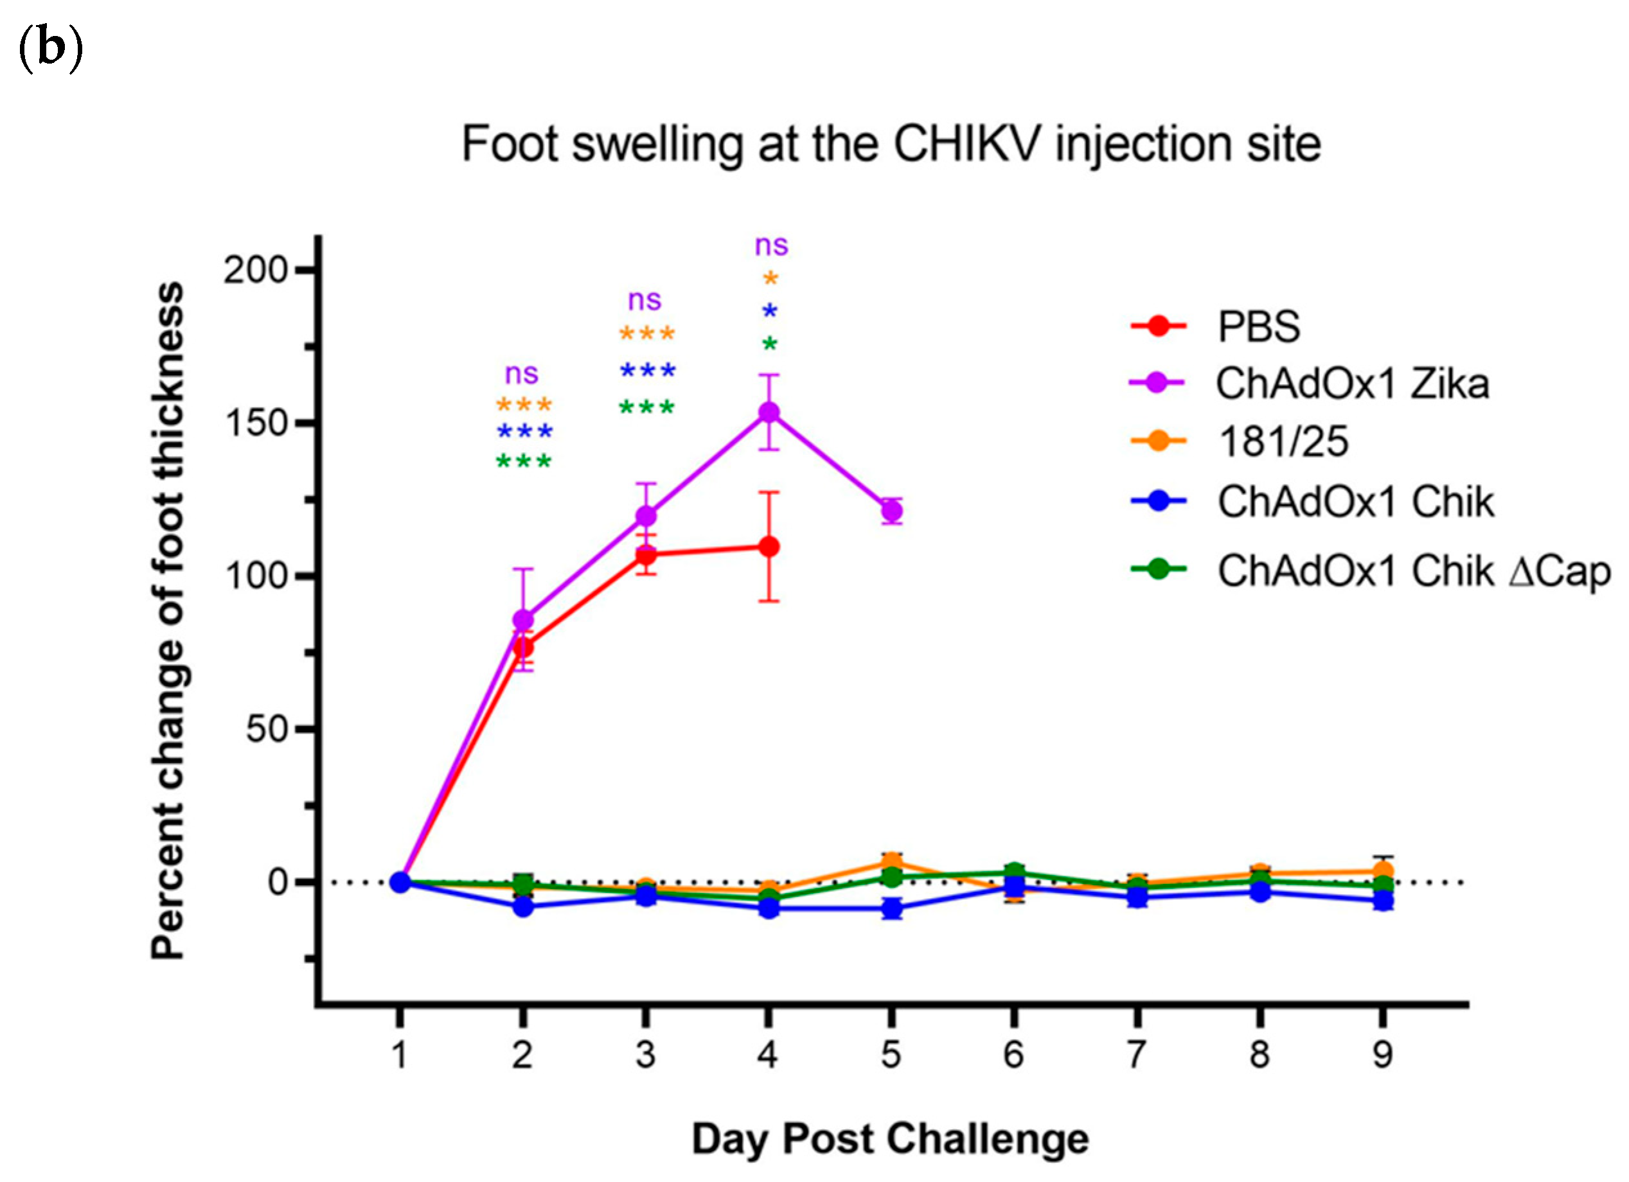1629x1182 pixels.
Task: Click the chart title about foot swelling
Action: (x=891, y=145)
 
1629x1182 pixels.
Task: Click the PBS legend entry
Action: (x=1258, y=327)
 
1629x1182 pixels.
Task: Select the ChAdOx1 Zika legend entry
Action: (x=1351, y=384)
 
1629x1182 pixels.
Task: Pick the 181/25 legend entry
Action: (x=1283, y=441)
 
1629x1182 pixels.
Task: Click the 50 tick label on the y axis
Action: (x=267, y=730)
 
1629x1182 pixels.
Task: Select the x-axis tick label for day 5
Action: (x=891, y=1055)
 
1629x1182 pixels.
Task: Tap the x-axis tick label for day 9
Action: (x=1382, y=1055)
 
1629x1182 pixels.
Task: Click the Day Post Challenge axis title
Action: (x=890, y=1139)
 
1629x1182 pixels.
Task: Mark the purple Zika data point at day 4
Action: (x=769, y=412)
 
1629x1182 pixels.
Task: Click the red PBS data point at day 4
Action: (x=769, y=547)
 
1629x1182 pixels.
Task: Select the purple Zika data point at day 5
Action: (x=891, y=511)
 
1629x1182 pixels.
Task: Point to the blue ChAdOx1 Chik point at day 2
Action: (x=523, y=907)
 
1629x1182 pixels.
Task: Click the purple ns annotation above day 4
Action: (x=770, y=245)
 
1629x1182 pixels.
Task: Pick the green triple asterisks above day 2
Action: (x=524, y=462)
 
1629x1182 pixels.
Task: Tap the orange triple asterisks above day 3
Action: (x=646, y=335)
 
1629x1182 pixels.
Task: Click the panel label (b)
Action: (x=49, y=49)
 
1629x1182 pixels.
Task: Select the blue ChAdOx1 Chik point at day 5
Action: (x=891, y=908)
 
